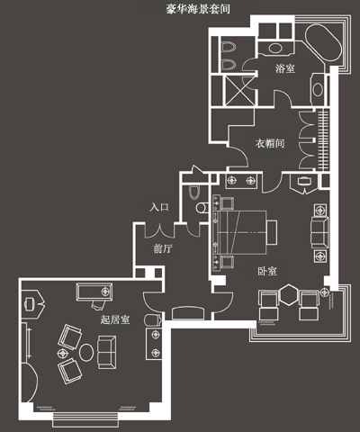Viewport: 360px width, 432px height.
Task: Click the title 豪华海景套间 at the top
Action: pyautogui.click(x=198, y=9)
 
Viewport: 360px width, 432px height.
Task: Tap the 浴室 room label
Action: pyautogui.click(x=285, y=68)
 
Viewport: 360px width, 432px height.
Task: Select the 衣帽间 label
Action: pyautogui.click(x=270, y=143)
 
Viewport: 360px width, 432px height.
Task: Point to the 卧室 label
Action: pyautogui.click(x=267, y=271)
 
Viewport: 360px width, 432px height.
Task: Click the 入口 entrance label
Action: pyautogui.click(x=159, y=207)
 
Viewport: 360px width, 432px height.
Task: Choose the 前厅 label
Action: pyautogui.click(x=163, y=248)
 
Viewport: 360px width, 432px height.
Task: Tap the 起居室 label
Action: pyautogui.click(x=115, y=319)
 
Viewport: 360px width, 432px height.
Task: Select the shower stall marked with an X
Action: pyautogui.click(x=239, y=91)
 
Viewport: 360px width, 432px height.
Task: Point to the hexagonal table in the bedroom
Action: pyautogui.click(x=289, y=295)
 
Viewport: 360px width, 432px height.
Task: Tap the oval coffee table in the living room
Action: pyautogui.click(x=86, y=353)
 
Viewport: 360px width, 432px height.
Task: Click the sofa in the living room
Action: pyautogui.click(x=107, y=352)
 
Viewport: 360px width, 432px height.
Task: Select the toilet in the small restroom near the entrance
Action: pyautogui.click(x=194, y=192)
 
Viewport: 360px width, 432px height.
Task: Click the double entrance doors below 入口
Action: pyautogui.click(x=159, y=230)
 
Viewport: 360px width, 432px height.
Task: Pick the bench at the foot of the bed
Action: pyautogui.click(x=272, y=232)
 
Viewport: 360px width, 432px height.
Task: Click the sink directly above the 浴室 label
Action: pyautogui.click(x=275, y=48)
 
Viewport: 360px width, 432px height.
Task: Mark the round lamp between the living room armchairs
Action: pyautogui.click(x=62, y=354)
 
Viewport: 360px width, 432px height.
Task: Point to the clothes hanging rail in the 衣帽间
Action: pyautogui.click(x=321, y=140)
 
